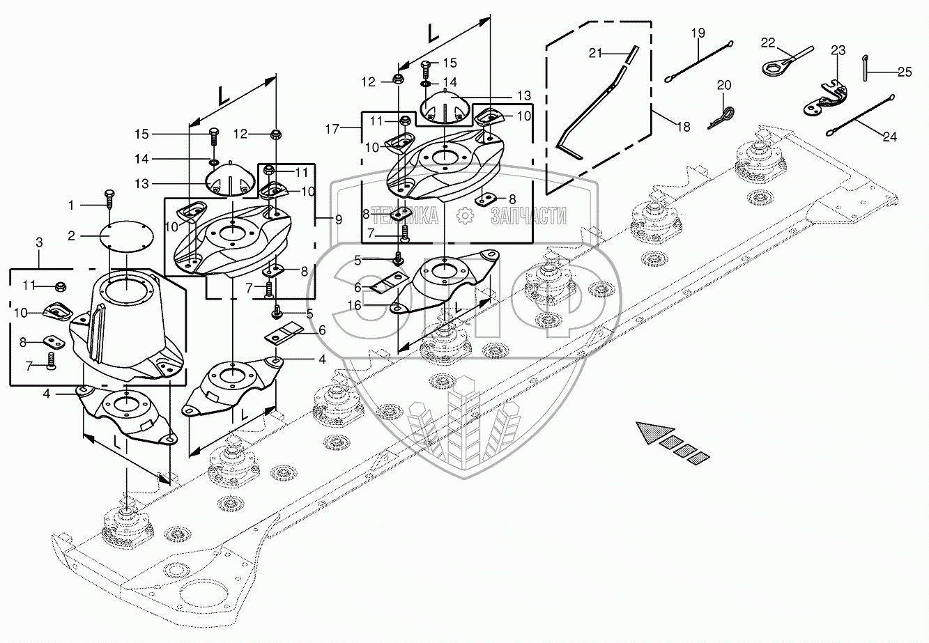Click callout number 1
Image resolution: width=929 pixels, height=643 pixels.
point(70,206)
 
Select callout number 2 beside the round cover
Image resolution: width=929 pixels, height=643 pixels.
point(70,236)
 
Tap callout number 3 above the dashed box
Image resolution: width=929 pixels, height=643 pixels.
point(39,242)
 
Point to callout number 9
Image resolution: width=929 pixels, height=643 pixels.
point(338,219)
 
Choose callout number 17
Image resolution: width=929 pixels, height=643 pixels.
point(332,128)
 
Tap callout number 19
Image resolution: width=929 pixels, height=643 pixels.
point(698,33)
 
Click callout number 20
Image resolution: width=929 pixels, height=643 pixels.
point(724,85)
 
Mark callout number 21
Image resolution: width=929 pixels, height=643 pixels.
point(594,52)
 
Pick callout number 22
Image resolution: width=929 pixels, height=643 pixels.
point(767,43)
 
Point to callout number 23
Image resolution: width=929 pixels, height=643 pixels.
point(838,51)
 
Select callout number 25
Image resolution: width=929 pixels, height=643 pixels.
point(904,71)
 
